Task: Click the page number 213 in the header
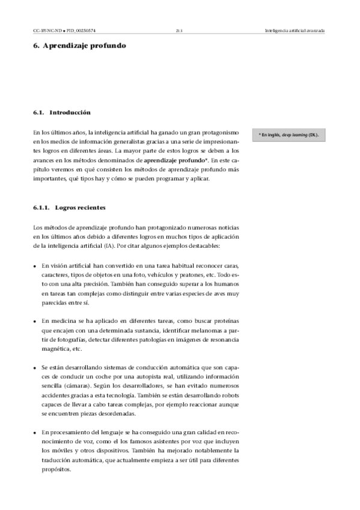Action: pyautogui.click(x=179, y=30)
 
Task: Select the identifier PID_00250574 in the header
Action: pyautogui.click(x=81, y=30)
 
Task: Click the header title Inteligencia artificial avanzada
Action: pyautogui.click(x=294, y=30)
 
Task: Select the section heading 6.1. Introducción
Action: pyautogui.click(x=62, y=112)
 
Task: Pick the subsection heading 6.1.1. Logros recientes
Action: pyautogui.click(x=69, y=207)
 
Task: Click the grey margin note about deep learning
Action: pyautogui.click(x=288, y=135)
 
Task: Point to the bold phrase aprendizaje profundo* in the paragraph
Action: pyautogui.click(x=176, y=161)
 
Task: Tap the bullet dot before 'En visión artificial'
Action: pyautogui.click(x=35, y=266)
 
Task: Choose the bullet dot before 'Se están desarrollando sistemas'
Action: pyautogui.click(x=35, y=367)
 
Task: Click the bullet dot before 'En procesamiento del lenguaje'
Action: pyautogui.click(x=35, y=432)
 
